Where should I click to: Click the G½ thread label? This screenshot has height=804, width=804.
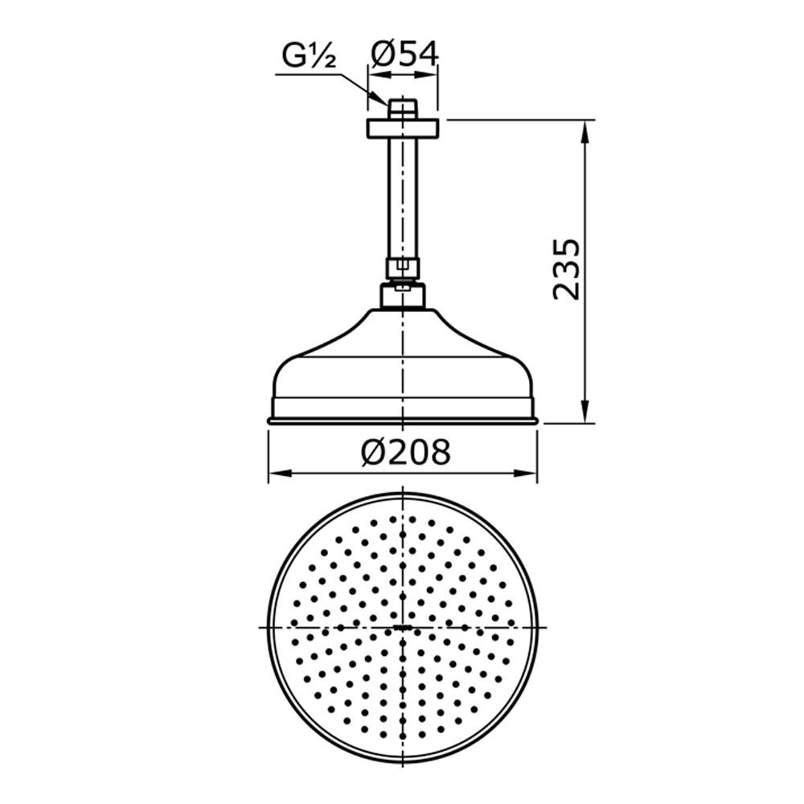(309, 56)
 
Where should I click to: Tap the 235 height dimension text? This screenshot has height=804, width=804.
(567, 269)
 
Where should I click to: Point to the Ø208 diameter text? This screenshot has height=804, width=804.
(405, 452)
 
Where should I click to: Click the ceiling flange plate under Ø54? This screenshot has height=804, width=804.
(403, 128)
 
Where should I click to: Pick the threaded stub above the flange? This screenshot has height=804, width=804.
(403, 109)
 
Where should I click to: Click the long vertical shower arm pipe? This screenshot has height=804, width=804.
(403, 198)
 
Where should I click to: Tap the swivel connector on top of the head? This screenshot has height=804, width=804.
(403, 295)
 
